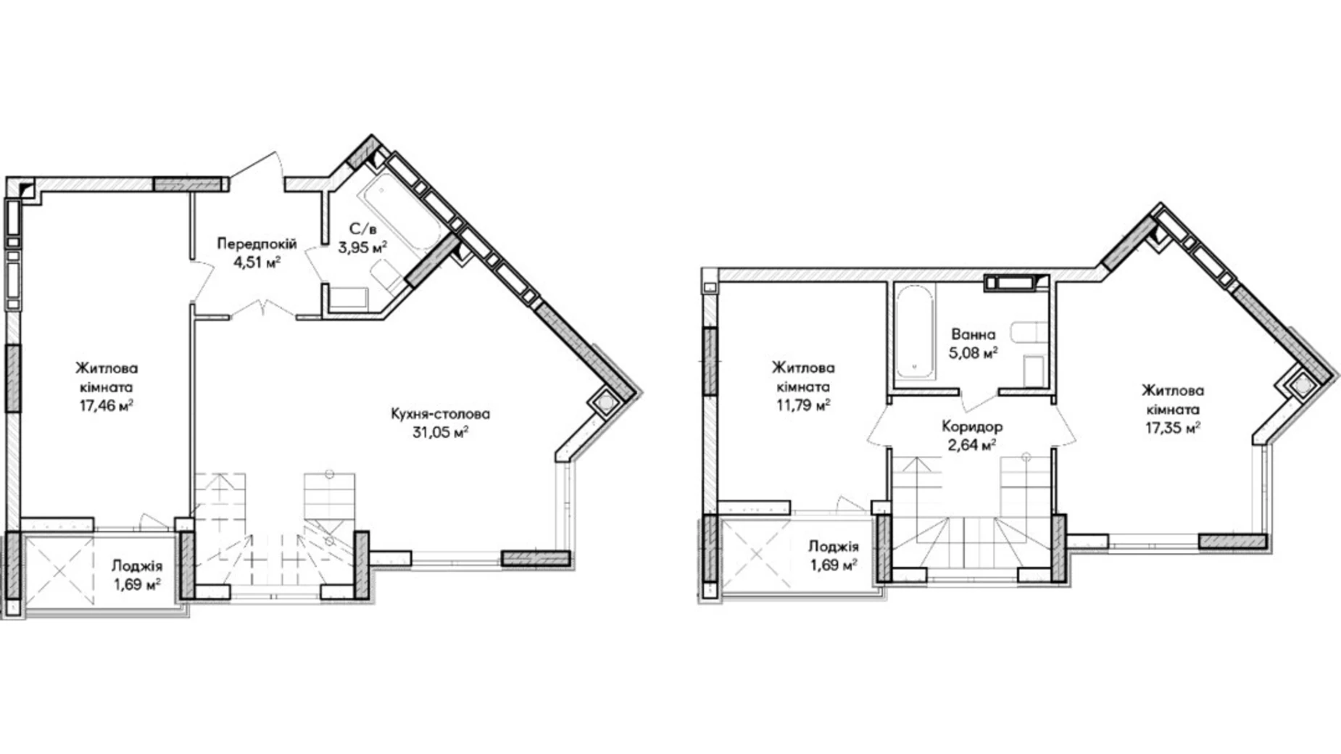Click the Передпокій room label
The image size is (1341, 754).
pos(257,244)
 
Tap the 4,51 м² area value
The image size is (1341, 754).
pos(257,262)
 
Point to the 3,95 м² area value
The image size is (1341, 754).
pos(363,248)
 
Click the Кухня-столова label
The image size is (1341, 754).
pos(441,414)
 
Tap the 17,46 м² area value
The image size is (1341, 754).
pos(107,405)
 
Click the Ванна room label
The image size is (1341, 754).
pos(973,335)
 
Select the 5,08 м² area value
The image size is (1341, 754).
pos(973,353)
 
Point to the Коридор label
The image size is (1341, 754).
pos(972,426)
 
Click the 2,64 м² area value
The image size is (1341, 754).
pos(972,444)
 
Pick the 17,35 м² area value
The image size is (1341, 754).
pos(1173,428)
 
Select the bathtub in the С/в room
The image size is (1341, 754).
pos(401,211)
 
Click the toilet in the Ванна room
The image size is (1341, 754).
pos(1028,332)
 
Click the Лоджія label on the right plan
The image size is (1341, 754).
pos(834,547)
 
